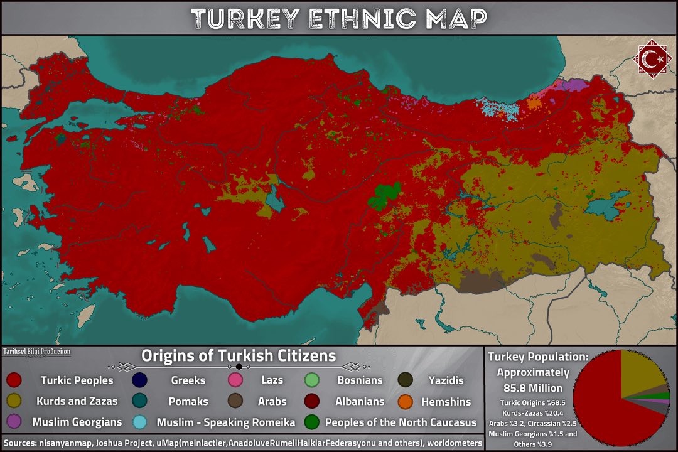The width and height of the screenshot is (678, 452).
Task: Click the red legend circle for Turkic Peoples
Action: point(14,380)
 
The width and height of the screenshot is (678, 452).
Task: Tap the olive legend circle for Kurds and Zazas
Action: point(14,401)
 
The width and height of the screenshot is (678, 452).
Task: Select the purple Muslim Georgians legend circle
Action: point(14,422)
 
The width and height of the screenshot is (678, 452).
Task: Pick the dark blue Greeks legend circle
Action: point(139,380)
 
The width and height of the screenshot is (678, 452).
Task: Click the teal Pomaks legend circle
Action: point(139,401)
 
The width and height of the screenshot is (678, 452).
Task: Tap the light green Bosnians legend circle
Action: point(312,380)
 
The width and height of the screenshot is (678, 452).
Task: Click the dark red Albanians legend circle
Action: point(312,401)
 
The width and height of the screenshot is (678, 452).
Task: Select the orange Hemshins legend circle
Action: point(406,401)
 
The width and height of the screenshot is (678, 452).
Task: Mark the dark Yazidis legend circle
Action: point(406,380)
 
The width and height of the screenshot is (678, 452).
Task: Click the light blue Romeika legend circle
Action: point(139,422)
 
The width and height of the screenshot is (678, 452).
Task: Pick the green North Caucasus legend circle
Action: point(312,422)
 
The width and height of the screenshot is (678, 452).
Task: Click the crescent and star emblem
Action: point(651,60)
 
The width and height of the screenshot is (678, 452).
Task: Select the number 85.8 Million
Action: point(537,387)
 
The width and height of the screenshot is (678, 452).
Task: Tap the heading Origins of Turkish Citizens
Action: point(239,356)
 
